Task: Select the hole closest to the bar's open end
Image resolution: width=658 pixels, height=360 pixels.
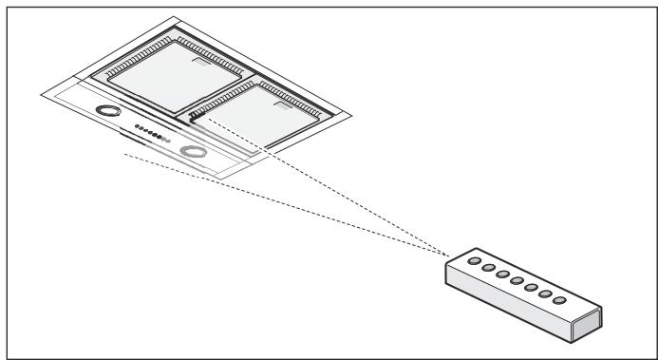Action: pyautogui.click(x=560, y=300)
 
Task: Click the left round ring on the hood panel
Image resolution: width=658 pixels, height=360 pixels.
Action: pyautogui.click(x=111, y=111)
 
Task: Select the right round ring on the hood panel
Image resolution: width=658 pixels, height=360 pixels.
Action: pyautogui.click(x=195, y=153)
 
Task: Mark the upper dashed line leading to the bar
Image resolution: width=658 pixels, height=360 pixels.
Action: pyautogui.click(x=323, y=186)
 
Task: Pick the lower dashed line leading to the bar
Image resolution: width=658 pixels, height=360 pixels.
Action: pyautogui.click(x=285, y=205)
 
